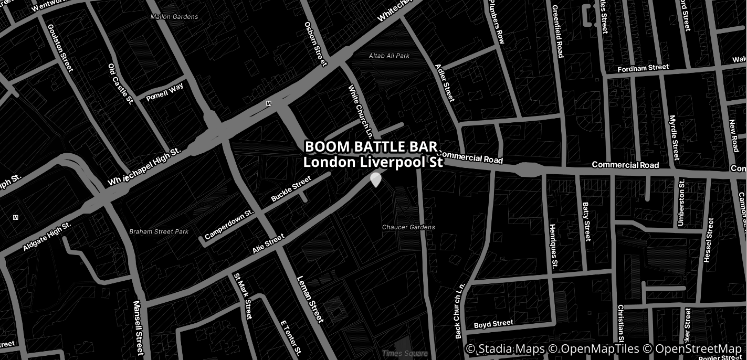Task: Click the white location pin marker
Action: click(x=375, y=179)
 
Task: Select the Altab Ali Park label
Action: click(x=389, y=56)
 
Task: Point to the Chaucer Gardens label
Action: click(x=408, y=227)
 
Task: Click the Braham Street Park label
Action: click(x=159, y=231)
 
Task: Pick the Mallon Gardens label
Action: click(x=174, y=17)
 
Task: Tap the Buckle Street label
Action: click(x=291, y=189)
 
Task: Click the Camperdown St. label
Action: click(x=229, y=225)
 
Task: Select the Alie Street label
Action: click(x=268, y=244)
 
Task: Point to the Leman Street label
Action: click(x=309, y=299)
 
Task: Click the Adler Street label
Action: click(x=445, y=83)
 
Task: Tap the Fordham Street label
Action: click(x=643, y=68)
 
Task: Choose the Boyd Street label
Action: click(x=493, y=324)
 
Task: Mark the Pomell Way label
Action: click(x=164, y=92)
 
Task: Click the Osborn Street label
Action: click(x=315, y=44)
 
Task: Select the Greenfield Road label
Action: click(x=557, y=31)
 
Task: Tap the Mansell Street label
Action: click(x=138, y=327)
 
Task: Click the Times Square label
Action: click(x=405, y=353)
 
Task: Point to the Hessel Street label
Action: click(x=709, y=240)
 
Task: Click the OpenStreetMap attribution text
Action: click(x=698, y=349)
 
